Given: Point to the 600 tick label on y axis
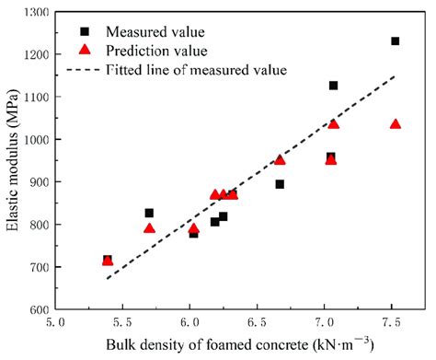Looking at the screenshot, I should coord(38,309).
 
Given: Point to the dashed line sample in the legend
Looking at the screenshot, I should coord(85,70).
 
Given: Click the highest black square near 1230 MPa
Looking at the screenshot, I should coord(396,41).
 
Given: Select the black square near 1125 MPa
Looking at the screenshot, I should coord(333,86).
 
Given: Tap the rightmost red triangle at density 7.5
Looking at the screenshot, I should coord(396,123).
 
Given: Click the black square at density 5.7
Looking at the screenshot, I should coord(149,213).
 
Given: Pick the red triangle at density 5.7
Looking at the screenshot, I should coord(149,227).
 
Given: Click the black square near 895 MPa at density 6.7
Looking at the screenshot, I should coord(280,184).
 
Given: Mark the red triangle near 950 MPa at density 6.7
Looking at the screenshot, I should coord(280,159).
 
